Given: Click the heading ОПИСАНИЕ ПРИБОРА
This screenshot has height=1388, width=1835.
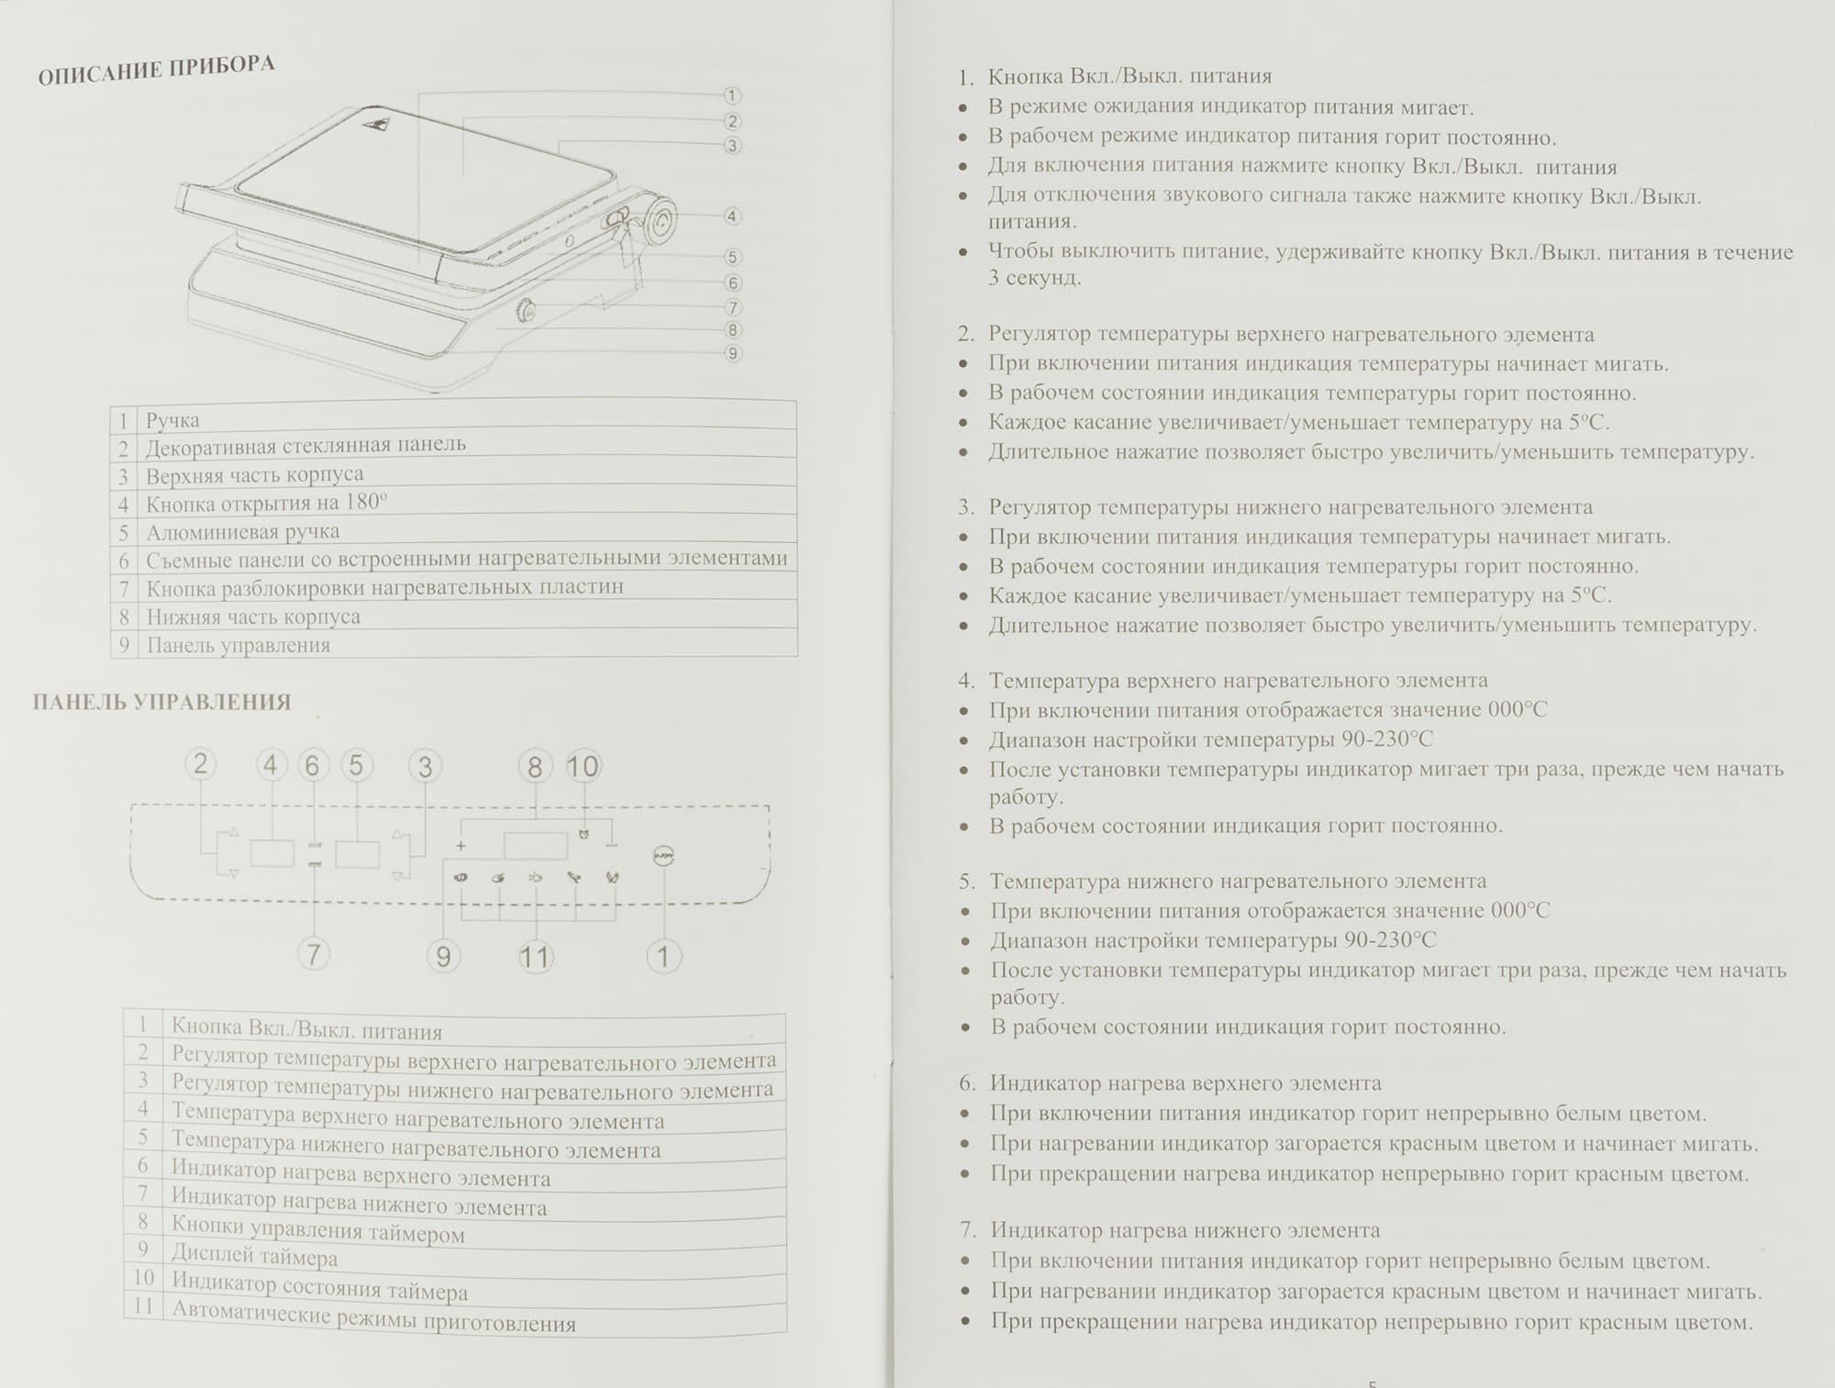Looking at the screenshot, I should pos(156,71).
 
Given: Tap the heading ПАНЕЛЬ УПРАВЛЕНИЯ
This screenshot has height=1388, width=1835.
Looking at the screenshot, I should pos(161,703).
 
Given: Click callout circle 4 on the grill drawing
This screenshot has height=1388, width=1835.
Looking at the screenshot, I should pos(731,217).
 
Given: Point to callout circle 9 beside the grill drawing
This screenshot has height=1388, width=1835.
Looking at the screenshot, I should pos(732,353).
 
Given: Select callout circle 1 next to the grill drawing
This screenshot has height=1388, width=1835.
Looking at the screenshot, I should pos(731,95).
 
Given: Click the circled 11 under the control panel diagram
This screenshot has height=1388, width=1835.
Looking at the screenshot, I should pos(535,958).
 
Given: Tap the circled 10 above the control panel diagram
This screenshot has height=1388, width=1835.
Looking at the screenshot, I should pos(583,766).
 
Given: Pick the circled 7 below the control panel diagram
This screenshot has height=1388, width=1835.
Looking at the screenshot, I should pos(313,954).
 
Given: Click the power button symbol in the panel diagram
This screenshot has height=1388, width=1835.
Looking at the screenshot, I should pos(662,855).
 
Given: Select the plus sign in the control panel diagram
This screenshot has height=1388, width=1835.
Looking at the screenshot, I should pos(461,845).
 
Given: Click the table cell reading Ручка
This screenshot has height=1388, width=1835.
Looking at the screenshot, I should pos(172,420).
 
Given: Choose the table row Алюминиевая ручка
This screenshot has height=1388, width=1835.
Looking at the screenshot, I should pos(243,532).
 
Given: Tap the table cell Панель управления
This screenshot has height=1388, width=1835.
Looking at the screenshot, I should pos(239,645).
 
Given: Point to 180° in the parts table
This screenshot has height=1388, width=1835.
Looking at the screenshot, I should pos(367,503).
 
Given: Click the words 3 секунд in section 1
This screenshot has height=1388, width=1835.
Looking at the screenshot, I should pos(1034,278).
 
